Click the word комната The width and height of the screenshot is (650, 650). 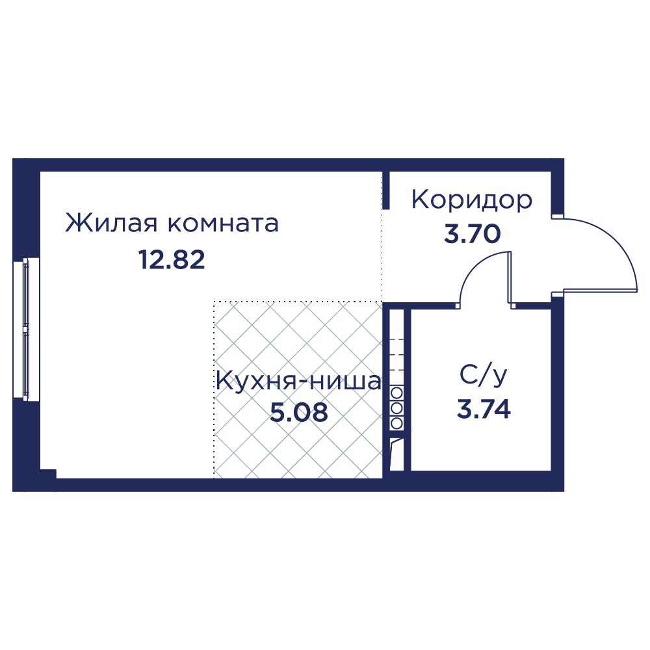click(x=223, y=224)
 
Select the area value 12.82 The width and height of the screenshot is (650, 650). click(x=172, y=261)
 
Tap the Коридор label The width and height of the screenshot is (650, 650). click(x=472, y=200)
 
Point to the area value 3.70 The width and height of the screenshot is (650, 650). click(x=472, y=234)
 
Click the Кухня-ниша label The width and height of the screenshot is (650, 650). click(x=298, y=382)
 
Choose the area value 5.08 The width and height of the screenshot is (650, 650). click(x=299, y=413)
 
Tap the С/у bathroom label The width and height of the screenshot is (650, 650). click(x=484, y=376)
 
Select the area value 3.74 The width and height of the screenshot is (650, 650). click(x=484, y=409)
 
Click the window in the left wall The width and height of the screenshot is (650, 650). click(x=27, y=329)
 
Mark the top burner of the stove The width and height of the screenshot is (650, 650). click(x=396, y=393)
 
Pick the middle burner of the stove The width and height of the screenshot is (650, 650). click(x=396, y=408)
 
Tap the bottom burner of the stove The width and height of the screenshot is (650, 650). click(x=396, y=423)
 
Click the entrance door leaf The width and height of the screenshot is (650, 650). click(x=595, y=291)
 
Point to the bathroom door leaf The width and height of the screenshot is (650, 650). click(x=510, y=278)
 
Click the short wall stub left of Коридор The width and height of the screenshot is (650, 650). click(x=385, y=190)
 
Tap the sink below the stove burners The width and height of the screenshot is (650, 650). click(x=396, y=454)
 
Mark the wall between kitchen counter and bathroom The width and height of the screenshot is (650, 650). click(x=407, y=389)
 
